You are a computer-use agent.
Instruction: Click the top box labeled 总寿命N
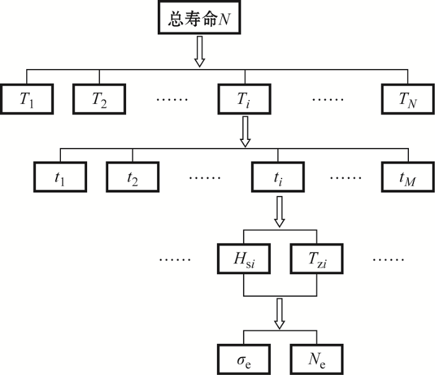pos(199,17)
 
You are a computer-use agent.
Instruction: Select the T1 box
pos(27,99)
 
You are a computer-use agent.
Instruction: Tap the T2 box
pos(99,99)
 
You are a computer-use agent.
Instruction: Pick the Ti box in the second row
pos(244,99)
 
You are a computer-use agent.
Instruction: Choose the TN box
pos(408,99)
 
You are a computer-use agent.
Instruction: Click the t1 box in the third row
pos(60,177)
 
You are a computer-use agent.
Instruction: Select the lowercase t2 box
pos(132,177)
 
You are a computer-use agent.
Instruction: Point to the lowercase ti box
pos(278,177)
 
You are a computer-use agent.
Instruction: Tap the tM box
pos(408,177)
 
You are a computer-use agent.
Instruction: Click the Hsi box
pos(244,259)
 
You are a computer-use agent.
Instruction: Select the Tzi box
pos(317,259)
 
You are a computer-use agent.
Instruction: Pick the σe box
pos(244,359)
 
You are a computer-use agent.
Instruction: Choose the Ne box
pos(317,359)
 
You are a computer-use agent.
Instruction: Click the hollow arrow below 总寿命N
pos(199,52)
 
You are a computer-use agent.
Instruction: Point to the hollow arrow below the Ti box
pos(245,132)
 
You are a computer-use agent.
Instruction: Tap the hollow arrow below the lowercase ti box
pos(280,212)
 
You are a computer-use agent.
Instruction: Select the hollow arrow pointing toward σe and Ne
pos(280,313)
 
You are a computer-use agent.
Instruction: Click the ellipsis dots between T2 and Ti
pos(172,99)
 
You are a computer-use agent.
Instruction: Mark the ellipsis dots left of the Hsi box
pos(175,259)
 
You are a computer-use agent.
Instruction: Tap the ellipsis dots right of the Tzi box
pos(388,259)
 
